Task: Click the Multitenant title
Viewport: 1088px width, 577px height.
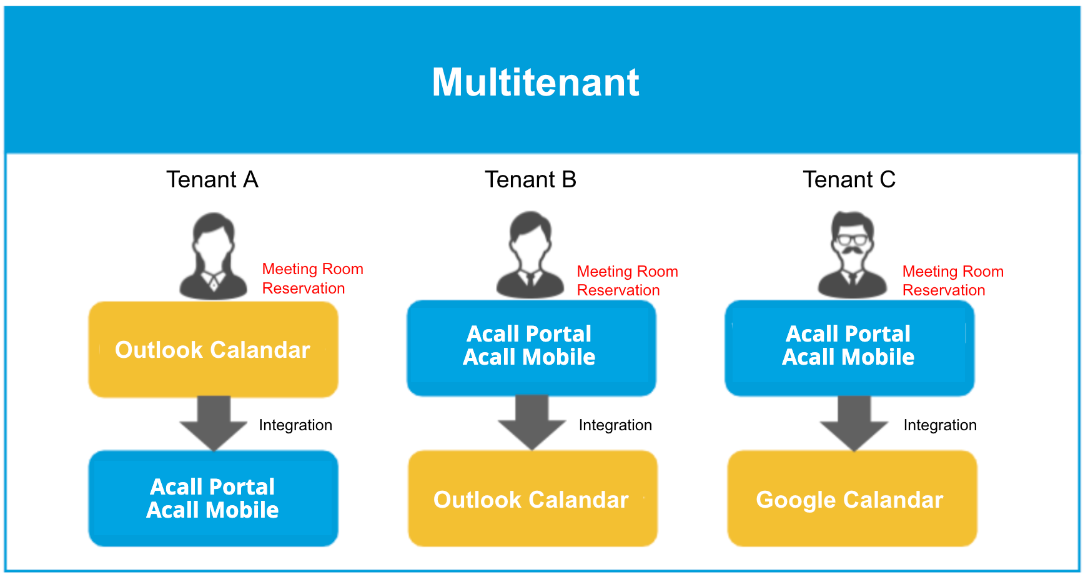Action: pyautogui.click(x=536, y=82)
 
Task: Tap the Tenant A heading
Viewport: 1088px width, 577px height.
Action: pyautogui.click(x=212, y=180)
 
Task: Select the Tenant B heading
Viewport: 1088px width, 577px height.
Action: pyautogui.click(x=531, y=180)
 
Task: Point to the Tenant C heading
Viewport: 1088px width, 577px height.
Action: pyautogui.click(x=849, y=180)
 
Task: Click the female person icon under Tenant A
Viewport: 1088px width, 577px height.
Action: pyautogui.click(x=214, y=257)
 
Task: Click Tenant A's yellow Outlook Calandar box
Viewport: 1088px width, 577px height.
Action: pyautogui.click(x=214, y=350)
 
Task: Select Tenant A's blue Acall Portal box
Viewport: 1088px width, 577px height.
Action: pyautogui.click(x=214, y=498)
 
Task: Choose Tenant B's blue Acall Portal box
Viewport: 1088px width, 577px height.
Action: pyautogui.click(x=532, y=348)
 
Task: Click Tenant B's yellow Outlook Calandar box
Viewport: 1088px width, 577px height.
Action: pyautogui.click(x=533, y=498)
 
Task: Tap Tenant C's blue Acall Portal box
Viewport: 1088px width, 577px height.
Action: pyautogui.click(x=849, y=348)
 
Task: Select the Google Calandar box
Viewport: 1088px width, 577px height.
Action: pyautogui.click(x=853, y=498)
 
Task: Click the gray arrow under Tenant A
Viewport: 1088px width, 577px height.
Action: pyautogui.click(x=214, y=423)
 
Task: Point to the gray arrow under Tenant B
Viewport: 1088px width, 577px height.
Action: pyautogui.click(x=532, y=423)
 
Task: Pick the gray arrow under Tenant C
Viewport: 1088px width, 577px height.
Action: pyautogui.click(x=854, y=423)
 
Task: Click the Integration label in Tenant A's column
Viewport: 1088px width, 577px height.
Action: pyautogui.click(x=295, y=425)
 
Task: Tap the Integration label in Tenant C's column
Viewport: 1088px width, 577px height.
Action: pyautogui.click(x=940, y=425)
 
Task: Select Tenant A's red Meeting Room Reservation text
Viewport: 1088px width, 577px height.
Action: pyautogui.click(x=313, y=279)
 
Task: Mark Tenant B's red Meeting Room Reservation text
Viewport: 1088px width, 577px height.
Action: pyautogui.click(x=628, y=281)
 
